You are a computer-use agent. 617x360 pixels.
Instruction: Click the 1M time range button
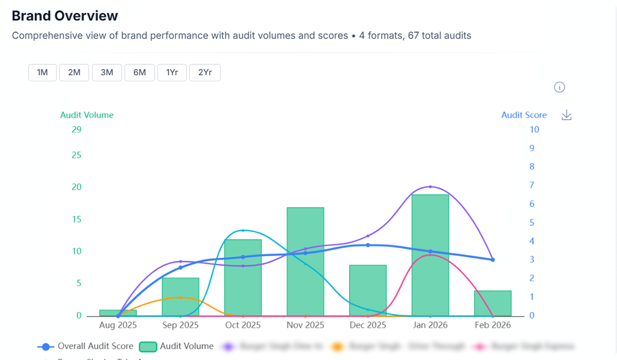point(42,73)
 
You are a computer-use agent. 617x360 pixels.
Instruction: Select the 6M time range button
point(140,73)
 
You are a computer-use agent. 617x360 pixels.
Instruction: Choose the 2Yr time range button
point(205,73)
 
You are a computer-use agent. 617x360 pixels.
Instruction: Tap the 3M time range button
point(107,73)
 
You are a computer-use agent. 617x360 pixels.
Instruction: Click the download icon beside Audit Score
point(567,115)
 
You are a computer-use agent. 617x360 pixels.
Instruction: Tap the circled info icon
point(559,87)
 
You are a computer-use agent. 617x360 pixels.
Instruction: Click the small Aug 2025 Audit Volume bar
point(118,313)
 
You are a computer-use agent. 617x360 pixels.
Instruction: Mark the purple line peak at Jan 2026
point(430,187)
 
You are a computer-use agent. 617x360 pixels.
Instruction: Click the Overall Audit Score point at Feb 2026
point(493,260)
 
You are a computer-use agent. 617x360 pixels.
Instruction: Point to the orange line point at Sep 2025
point(180,297)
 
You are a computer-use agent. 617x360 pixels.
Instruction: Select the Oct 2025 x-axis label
point(243,326)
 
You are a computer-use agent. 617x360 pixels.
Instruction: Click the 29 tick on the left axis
point(76,130)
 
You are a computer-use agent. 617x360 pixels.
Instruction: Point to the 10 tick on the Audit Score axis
point(534,130)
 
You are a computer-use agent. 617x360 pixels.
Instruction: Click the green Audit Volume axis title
point(87,115)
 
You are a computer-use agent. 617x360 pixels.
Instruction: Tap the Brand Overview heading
point(65,16)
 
